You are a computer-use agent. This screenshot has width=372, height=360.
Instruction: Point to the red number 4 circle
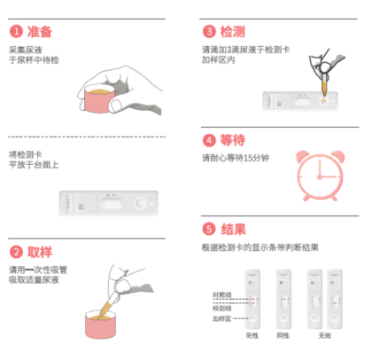click(x=209, y=140)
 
